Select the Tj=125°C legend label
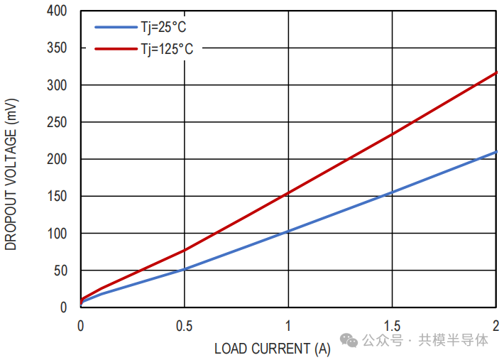click(x=167, y=48)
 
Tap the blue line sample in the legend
click(x=116, y=28)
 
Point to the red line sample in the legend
click(x=116, y=48)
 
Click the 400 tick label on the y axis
click(x=57, y=11)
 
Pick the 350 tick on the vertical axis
click(x=57, y=48)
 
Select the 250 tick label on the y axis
click(x=57, y=122)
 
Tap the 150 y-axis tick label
click(x=57, y=196)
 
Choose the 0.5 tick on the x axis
click(x=185, y=325)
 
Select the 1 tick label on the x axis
click(x=288, y=325)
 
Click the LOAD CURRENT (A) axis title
click(x=273, y=349)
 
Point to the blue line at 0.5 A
click(x=185, y=269)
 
